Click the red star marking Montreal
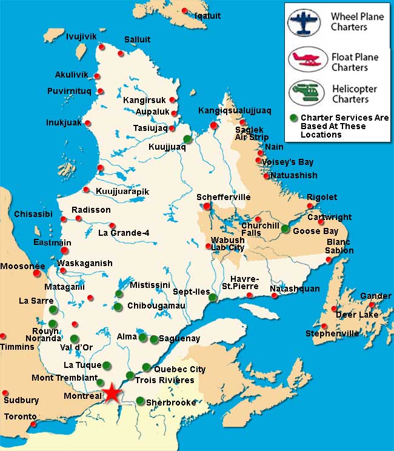coord(112,393)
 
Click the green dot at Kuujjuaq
coord(188,139)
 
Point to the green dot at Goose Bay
coord(285,229)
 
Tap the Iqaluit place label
coord(207,15)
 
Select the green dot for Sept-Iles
coord(213,297)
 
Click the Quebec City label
coord(180,369)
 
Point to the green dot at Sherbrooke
coord(140,401)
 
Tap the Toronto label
coord(21,417)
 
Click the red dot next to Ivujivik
coord(102,47)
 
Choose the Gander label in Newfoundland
coord(375,296)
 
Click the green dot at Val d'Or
coord(75,338)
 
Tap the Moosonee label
coord(22,266)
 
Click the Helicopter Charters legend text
coord(354,94)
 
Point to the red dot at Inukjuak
coord(88,123)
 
